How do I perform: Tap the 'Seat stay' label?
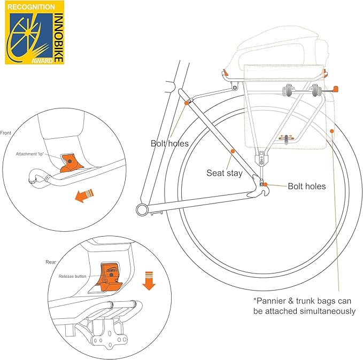(x=225, y=173)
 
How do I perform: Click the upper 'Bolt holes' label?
(x=169, y=143)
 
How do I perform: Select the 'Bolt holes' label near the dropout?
(x=306, y=186)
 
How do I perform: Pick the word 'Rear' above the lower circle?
(x=51, y=262)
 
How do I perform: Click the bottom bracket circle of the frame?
(x=141, y=209)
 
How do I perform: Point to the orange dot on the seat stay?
(x=233, y=152)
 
